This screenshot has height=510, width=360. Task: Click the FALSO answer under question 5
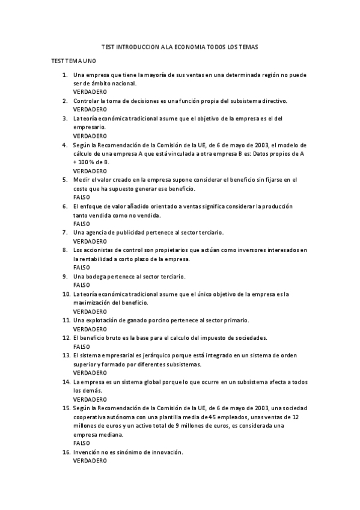(81, 197)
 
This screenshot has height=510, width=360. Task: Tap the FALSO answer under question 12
(81, 346)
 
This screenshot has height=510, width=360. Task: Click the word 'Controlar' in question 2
(87, 101)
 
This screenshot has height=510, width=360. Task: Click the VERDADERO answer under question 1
(90, 92)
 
